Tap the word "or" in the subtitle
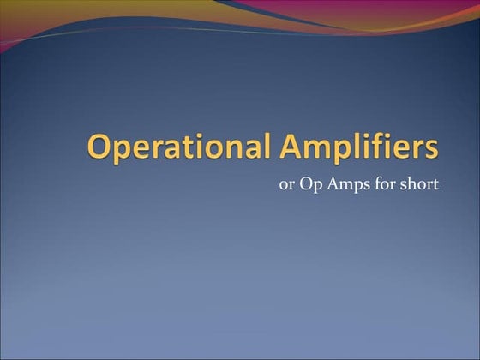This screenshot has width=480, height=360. tap(286, 184)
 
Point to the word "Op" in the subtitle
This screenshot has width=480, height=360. tap(309, 184)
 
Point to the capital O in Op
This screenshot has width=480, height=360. tap(303, 183)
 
